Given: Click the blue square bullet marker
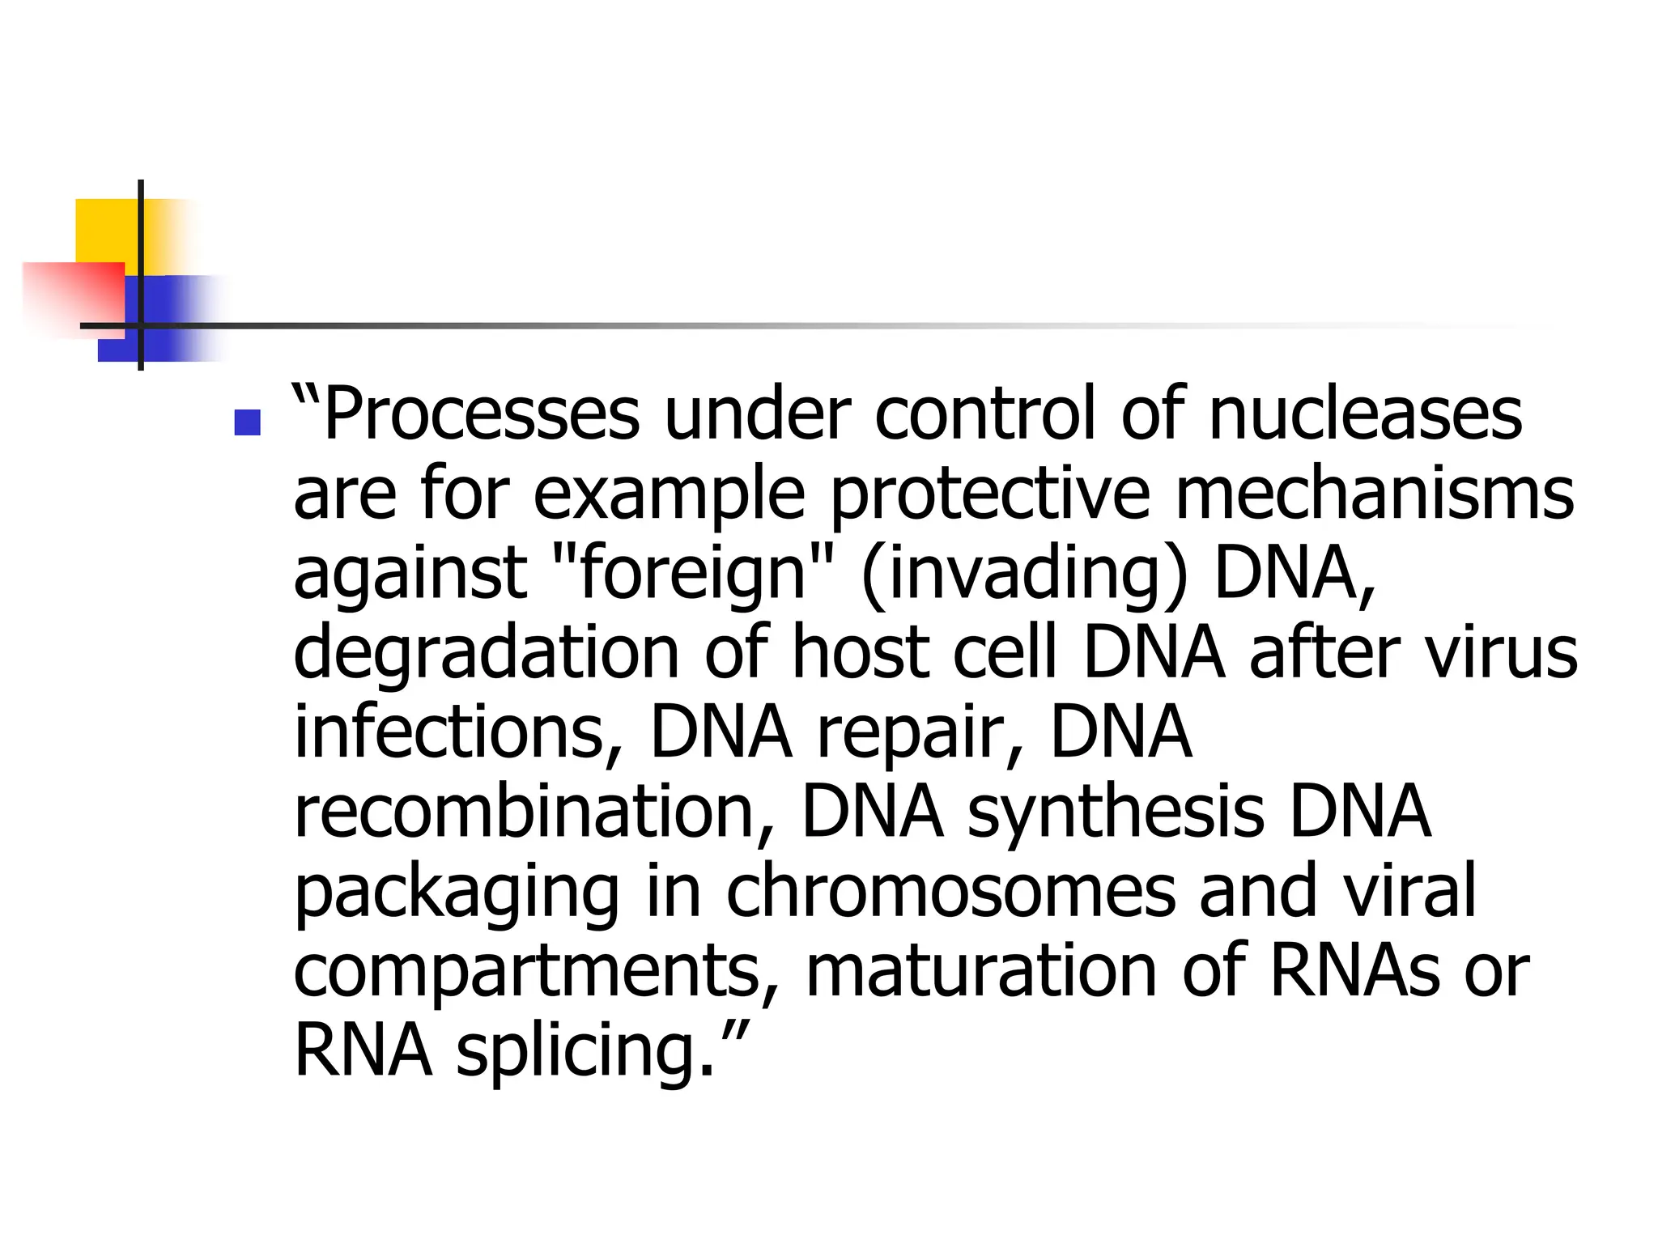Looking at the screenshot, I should coord(247,422).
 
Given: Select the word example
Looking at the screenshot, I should coord(669,495).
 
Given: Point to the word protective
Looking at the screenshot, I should coord(990,494).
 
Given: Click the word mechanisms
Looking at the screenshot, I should coord(1374,494).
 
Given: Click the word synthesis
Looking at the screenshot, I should coord(1116,812).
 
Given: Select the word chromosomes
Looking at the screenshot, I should coord(950,890).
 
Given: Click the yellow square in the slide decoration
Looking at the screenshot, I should coord(105,230).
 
